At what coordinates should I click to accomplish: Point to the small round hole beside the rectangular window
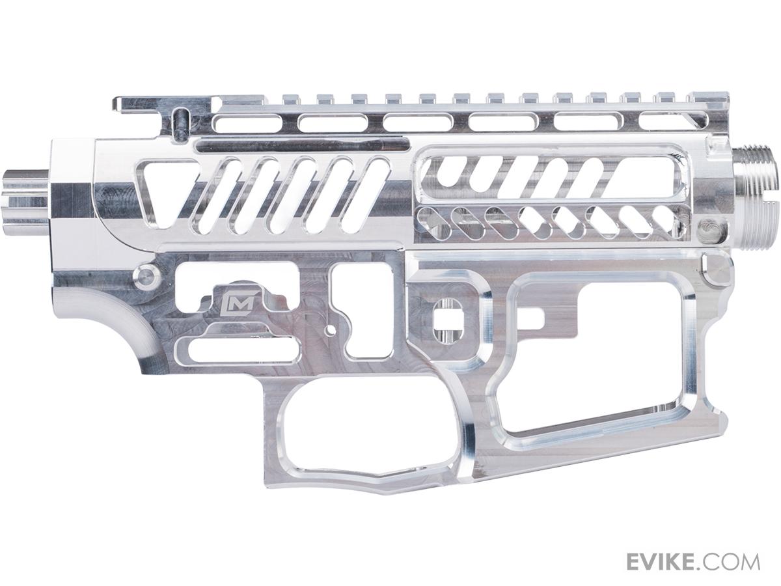(332, 331)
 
